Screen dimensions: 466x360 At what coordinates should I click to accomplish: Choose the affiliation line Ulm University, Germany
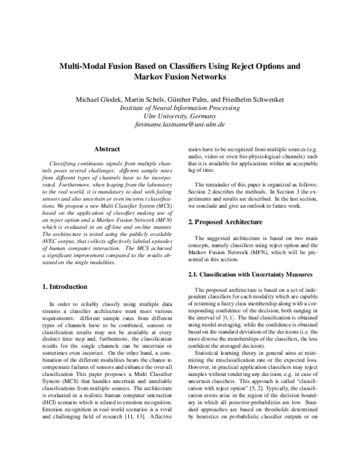179,116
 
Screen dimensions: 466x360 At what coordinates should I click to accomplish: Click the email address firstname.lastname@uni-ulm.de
179,126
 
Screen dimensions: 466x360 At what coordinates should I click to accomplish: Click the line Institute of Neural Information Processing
179,107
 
